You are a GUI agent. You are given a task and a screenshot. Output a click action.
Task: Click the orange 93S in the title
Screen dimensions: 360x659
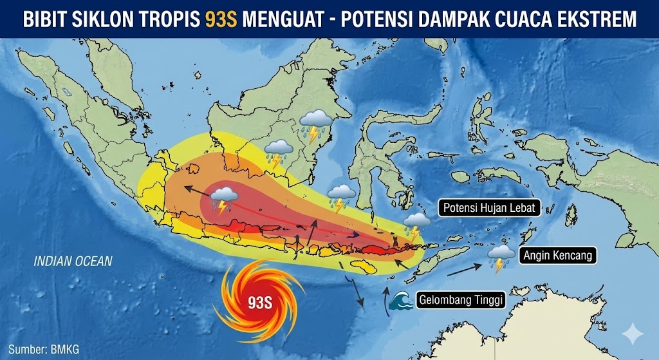pos(221,19)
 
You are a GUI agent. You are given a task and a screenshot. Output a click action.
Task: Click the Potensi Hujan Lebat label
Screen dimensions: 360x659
pos(490,208)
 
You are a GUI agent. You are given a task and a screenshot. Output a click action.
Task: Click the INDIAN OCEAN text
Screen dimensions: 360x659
pos(73,261)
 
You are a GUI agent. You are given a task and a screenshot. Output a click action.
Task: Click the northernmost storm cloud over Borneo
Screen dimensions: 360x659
pos(315,124)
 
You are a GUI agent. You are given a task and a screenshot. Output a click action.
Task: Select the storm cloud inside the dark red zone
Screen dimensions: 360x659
pos(223,199)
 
